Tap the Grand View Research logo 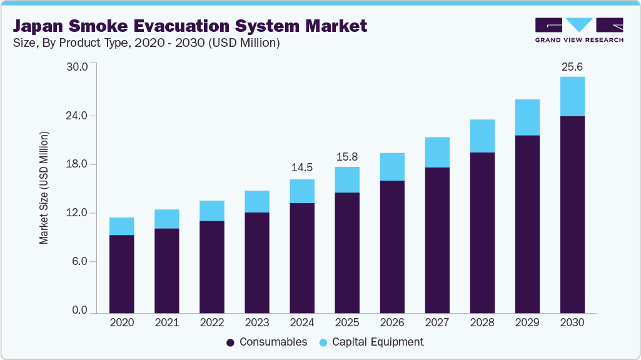click(x=579, y=29)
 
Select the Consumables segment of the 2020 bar click(x=122, y=274)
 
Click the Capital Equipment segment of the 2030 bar click(x=572, y=96)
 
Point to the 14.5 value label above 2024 click(x=302, y=167)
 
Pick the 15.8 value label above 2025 click(x=347, y=155)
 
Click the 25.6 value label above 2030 click(x=572, y=66)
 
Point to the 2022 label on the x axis click(x=212, y=323)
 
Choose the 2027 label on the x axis click(x=437, y=323)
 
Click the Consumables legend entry click(x=267, y=342)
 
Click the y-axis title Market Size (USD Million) click(x=44, y=187)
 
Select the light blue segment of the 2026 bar click(x=392, y=167)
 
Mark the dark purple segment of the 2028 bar click(x=482, y=232)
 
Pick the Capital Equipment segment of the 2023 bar click(x=257, y=201)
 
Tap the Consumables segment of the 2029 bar click(x=527, y=224)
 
